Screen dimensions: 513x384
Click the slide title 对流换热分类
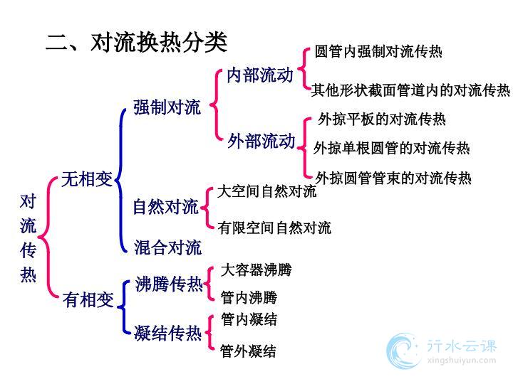[159, 43]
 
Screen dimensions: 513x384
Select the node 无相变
[87, 179]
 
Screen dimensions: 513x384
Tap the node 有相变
[88, 299]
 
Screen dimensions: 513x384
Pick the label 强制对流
[167, 107]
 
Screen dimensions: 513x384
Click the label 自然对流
[166, 207]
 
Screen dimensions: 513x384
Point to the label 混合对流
[167, 247]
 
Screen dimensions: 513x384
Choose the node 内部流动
[260, 75]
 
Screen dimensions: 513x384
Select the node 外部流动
[261, 141]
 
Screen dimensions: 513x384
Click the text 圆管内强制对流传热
[378, 52]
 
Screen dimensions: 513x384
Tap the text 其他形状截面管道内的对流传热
[410, 90]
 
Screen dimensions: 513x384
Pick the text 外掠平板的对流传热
[382, 119]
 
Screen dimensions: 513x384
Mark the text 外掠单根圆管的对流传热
[392, 148]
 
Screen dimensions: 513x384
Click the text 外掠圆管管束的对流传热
[393, 178]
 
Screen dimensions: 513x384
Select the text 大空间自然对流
[266, 191]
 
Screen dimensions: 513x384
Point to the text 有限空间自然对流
[274, 228]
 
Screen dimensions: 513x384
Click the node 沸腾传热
[169, 284]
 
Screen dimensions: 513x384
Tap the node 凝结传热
[168, 334]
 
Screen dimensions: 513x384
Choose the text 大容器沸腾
[256, 270]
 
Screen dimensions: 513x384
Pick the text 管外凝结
[248, 351]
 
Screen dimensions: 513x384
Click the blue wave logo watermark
[403, 351]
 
